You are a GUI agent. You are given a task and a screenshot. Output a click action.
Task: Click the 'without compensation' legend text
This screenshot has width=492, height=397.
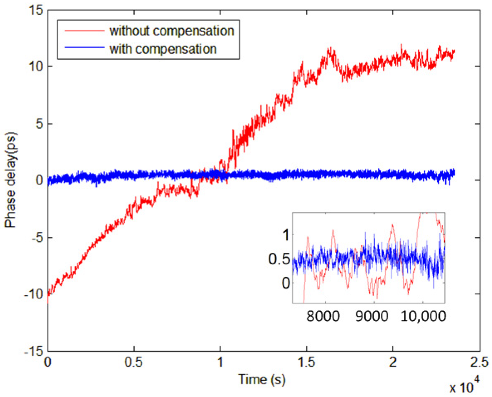click(171, 31)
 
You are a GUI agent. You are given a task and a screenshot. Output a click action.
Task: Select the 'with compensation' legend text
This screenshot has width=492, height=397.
click(163, 49)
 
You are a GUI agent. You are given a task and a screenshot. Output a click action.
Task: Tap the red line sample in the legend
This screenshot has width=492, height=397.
click(84, 31)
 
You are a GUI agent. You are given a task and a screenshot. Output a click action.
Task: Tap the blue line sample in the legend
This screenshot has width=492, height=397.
click(84, 48)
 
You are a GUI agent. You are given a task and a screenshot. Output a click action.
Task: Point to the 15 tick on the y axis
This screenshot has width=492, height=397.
click(36, 10)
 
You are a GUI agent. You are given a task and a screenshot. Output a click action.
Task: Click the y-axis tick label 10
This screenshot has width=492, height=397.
click(36, 66)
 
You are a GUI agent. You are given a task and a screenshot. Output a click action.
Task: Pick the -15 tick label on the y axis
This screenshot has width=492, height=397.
click(33, 351)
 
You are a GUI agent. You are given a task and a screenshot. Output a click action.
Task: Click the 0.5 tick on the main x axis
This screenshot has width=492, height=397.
click(133, 362)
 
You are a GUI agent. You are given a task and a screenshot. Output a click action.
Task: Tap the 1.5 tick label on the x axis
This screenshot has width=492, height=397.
click(306, 362)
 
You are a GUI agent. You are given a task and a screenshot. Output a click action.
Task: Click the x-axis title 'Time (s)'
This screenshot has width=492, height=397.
click(262, 380)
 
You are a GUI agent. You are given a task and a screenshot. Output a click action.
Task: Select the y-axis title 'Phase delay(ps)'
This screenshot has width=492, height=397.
click(11, 180)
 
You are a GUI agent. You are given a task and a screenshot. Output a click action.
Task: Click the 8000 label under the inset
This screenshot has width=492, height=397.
click(323, 316)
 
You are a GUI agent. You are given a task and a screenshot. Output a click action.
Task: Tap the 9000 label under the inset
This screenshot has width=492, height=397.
click(372, 316)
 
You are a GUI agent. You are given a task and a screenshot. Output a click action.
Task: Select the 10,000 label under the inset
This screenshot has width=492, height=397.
click(423, 316)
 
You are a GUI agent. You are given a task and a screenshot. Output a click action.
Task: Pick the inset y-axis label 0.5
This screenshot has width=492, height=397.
click(279, 259)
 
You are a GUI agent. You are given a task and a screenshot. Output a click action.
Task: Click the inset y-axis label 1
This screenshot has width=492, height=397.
click(286, 235)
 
